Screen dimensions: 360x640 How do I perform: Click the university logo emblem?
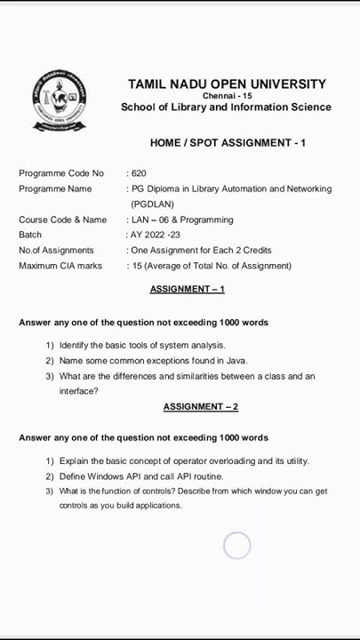click(60, 100)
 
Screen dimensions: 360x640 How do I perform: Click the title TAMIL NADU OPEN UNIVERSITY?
click(227, 84)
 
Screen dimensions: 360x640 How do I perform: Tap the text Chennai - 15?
click(227, 96)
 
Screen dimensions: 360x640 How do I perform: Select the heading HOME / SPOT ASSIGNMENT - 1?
click(228, 142)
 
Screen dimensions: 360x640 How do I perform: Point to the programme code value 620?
click(138, 173)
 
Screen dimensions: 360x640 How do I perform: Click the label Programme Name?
click(55, 188)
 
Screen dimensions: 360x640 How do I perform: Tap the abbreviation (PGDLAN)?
click(152, 204)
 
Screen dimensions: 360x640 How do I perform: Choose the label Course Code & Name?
click(62, 220)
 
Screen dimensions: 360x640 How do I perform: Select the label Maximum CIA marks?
click(60, 266)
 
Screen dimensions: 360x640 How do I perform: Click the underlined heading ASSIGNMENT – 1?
click(187, 289)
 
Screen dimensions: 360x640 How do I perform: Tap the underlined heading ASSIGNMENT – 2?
click(200, 406)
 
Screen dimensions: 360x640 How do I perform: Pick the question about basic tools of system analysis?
click(142, 345)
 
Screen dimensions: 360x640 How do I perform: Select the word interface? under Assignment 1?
click(78, 391)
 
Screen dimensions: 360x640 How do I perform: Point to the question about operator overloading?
click(184, 461)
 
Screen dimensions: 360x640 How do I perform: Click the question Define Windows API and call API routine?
click(140, 476)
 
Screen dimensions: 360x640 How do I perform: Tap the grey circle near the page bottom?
click(236, 545)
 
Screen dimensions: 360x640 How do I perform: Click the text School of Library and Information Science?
click(226, 108)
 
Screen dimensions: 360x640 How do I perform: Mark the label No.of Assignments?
click(56, 251)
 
